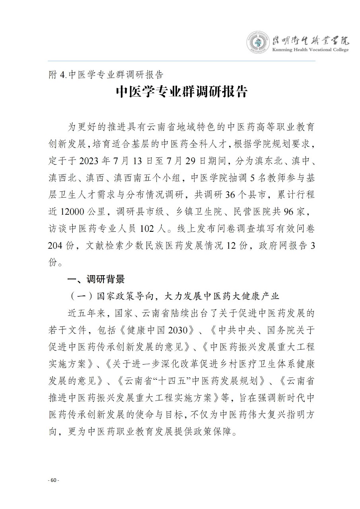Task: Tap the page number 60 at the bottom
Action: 53,480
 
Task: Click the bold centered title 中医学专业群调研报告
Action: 182,92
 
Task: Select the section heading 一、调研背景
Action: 96,279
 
